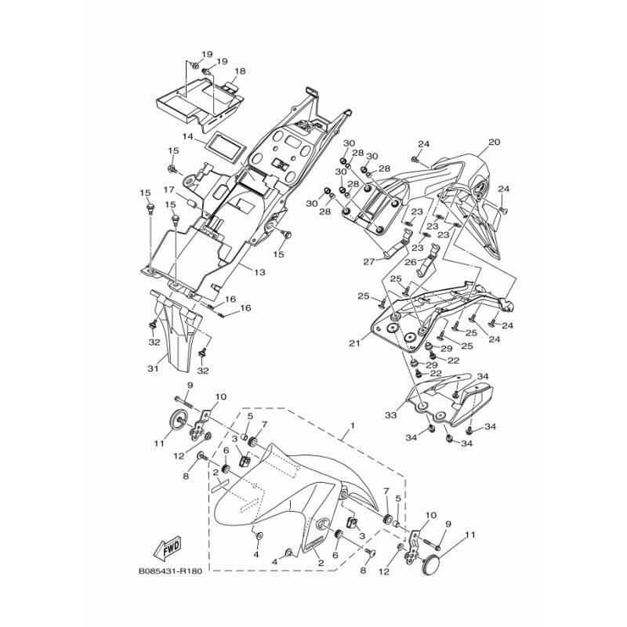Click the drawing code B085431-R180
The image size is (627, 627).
click(x=170, y=571)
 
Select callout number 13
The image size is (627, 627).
click(x=259, y=272)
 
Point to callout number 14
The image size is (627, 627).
click(x=188, y=136)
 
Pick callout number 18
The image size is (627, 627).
click(x=240, y=71)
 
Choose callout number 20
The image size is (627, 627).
click(x=495, y=142)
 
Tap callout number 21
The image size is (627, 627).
click(x=354, y=343)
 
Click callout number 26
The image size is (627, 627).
click(x=410, y=263)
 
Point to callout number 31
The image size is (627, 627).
click(x=153, y=368)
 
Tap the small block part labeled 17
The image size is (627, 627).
click(x=192, y=203)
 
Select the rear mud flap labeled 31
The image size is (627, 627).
click(x=174, y=332)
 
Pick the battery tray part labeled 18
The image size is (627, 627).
click(x=199, y=105)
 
